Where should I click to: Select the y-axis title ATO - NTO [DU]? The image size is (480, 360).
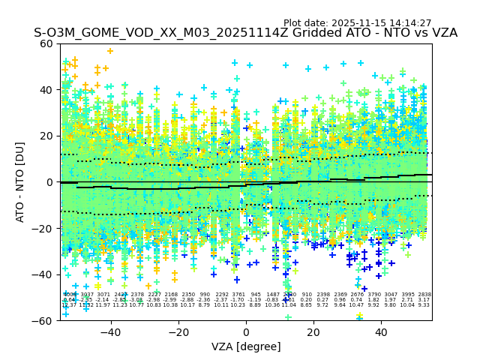coord(21,182)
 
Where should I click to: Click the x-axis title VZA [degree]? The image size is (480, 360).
coord(246,346)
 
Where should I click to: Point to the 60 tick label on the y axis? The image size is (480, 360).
coord(46,43)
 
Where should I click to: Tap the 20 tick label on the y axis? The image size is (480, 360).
coord(46,136)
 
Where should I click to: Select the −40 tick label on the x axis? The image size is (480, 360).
coord(110,333)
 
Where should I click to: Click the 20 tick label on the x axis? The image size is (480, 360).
coord(313,333)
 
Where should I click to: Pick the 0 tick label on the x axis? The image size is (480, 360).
coord(246,333)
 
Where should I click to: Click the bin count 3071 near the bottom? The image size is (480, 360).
coord(103,295)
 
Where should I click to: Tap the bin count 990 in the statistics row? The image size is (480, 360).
coord(205,295)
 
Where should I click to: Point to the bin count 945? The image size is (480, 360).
coord(256,295)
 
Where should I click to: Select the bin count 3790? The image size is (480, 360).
coord(374,295)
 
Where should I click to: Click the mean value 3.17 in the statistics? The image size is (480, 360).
coord(424,300)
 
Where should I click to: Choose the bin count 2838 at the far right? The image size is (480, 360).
coord(424,295)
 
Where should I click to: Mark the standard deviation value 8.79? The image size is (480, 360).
coord(205,305)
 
